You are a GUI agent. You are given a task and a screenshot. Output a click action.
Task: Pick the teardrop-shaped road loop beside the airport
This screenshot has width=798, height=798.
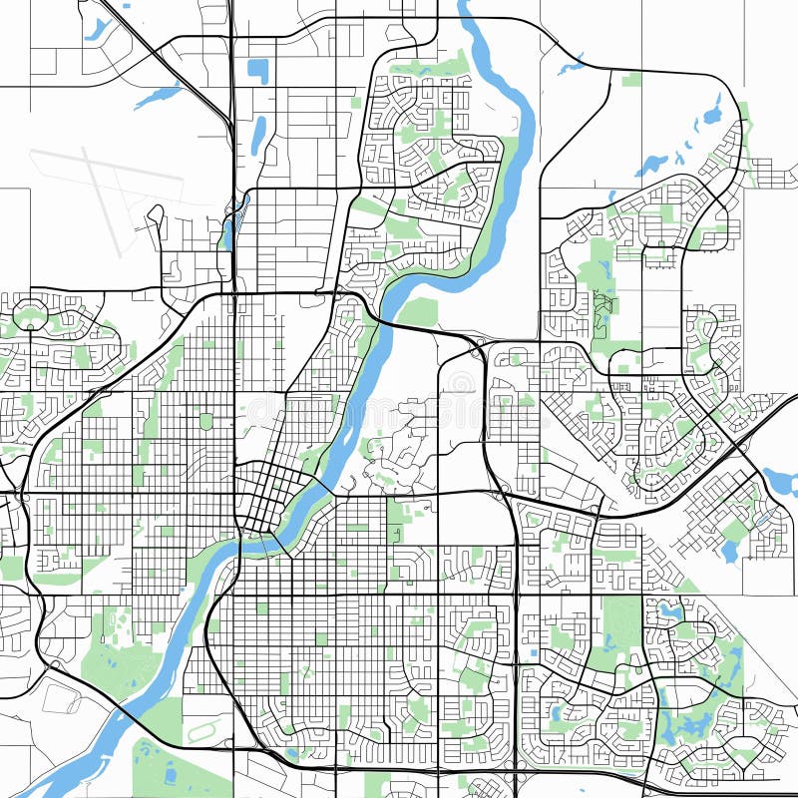[155, 217]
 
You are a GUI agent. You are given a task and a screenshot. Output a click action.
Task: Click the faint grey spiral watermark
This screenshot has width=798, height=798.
[461, 384]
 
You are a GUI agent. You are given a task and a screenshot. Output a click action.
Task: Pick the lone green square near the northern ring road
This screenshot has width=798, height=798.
[630, 80]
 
